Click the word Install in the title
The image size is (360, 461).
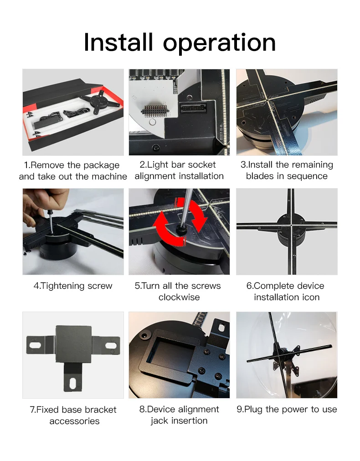118,42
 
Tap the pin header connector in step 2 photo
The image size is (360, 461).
155,111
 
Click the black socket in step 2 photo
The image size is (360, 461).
193,108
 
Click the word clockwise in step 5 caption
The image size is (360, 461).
179,297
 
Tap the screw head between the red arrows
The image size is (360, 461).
180,230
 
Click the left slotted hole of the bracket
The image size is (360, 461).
35,344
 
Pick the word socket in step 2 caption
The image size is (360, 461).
202,164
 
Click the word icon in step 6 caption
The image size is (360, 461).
309,297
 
